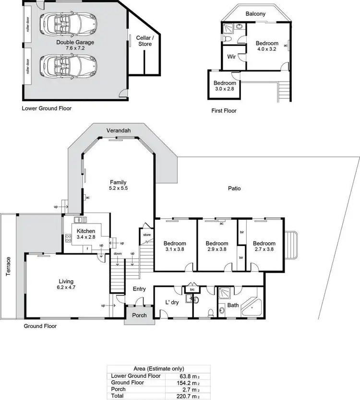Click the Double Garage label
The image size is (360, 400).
75,42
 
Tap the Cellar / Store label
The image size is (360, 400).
145,41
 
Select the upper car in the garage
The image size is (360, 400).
68,22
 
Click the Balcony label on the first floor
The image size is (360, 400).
255,14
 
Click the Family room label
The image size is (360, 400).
118,182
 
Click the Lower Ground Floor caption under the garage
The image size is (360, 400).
47,108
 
